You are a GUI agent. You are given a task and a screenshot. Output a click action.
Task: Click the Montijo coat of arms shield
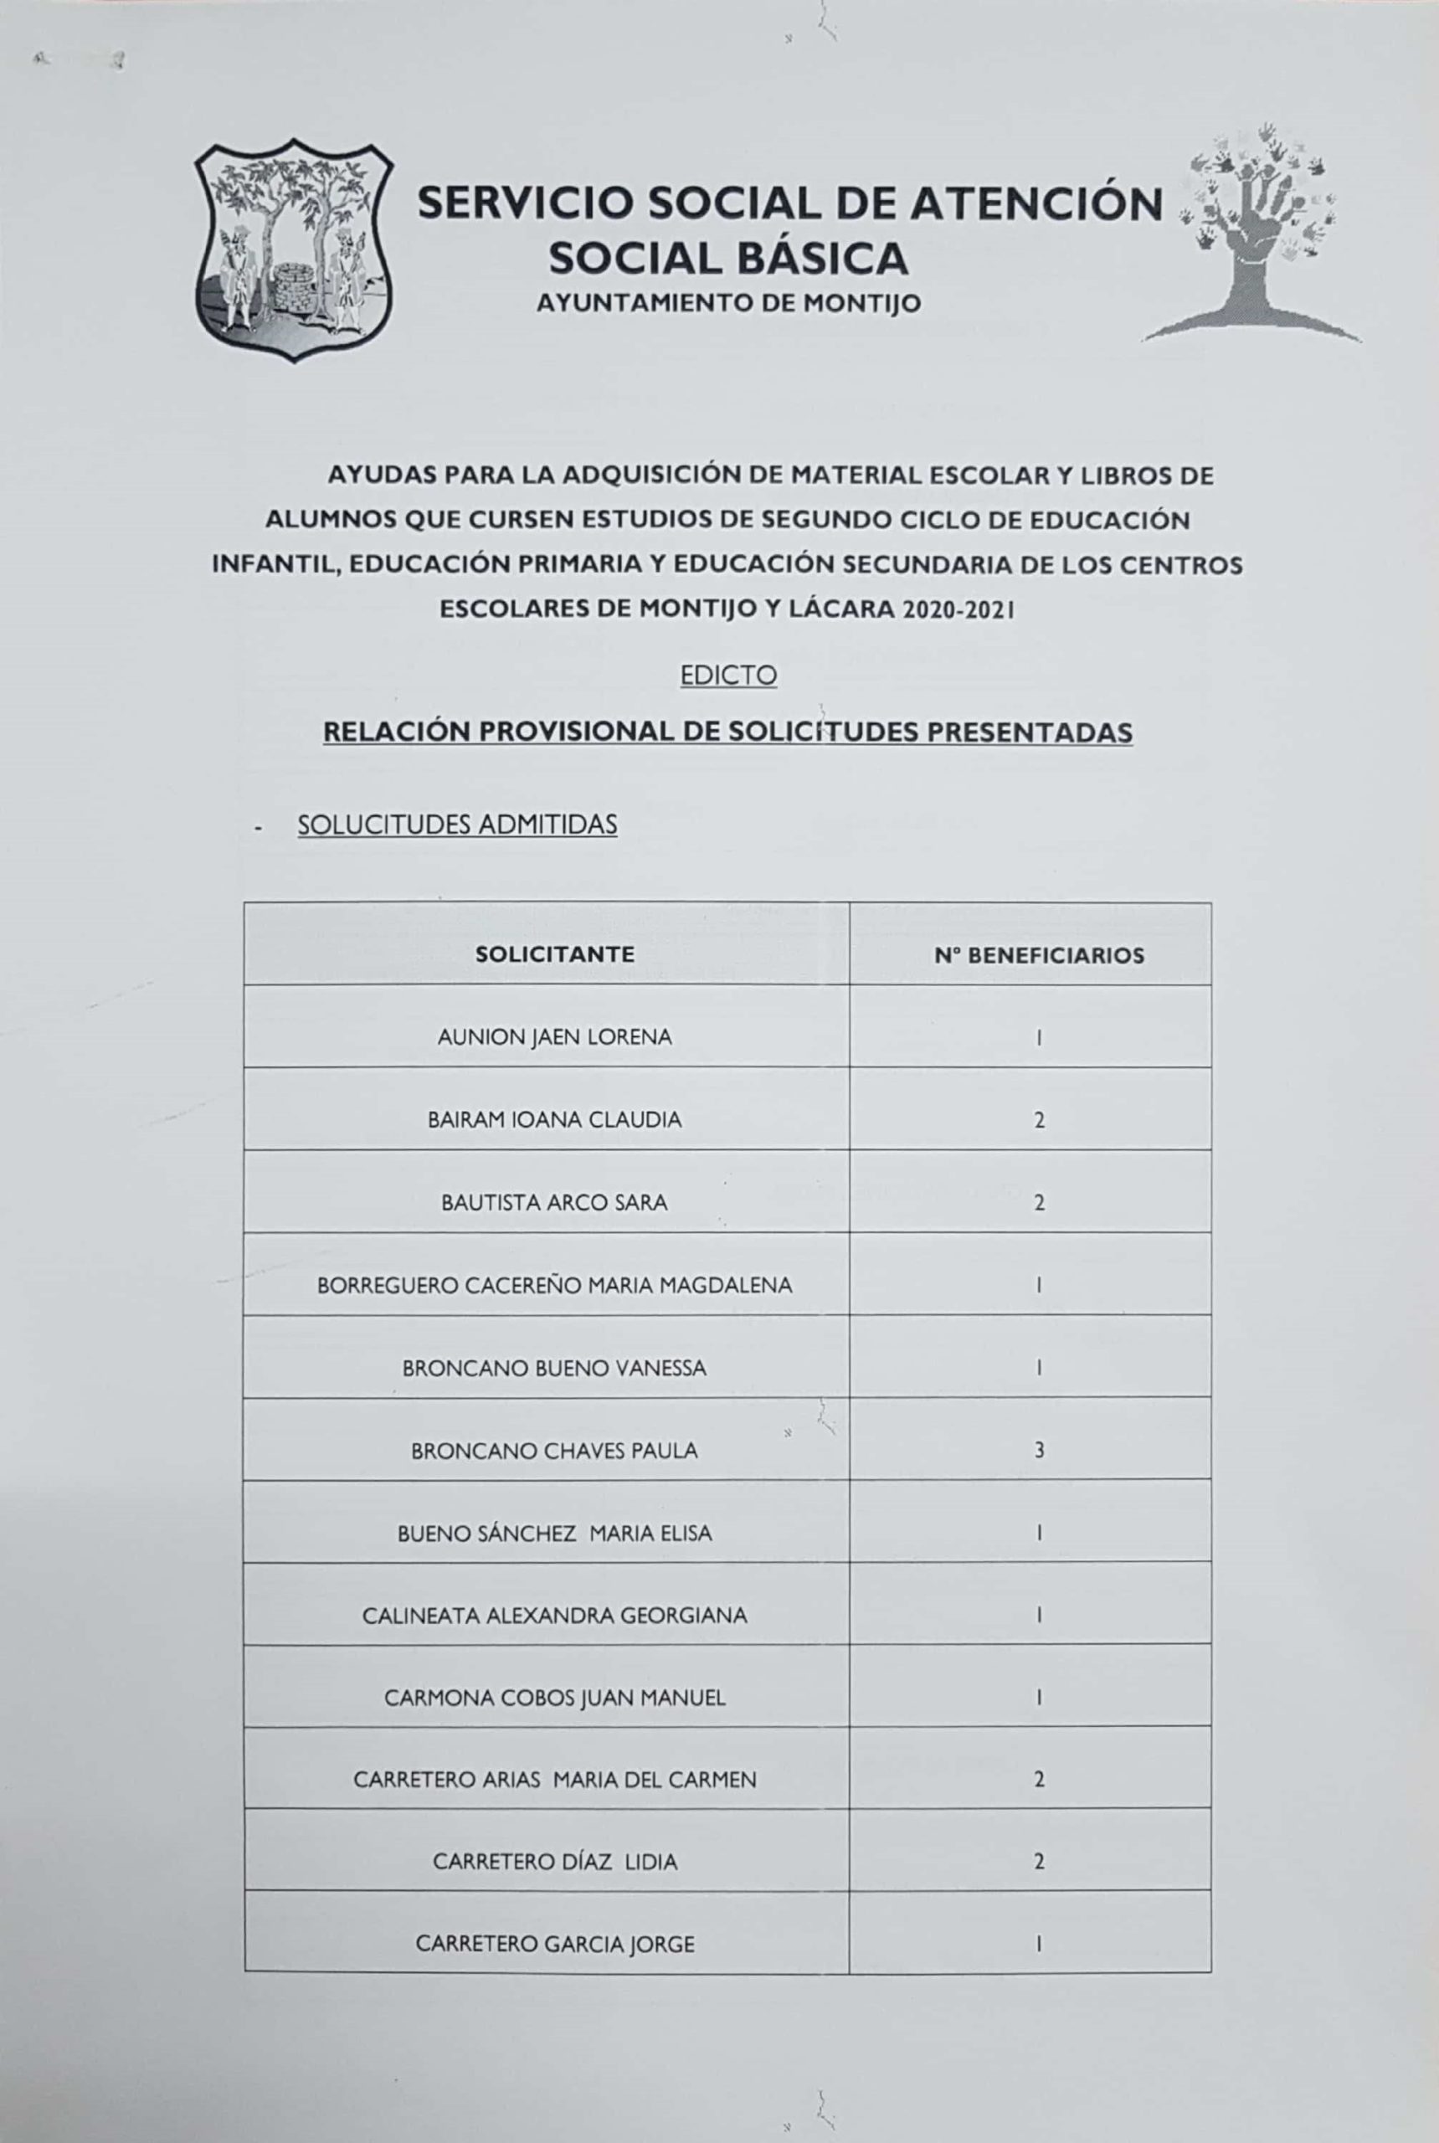coord(293,249)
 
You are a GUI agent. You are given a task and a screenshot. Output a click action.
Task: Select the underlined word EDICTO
coord(728,676)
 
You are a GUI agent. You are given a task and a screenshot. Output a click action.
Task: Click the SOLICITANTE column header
coord(554,954)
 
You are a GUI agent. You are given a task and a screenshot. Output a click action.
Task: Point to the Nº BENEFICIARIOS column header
coord(1039,955)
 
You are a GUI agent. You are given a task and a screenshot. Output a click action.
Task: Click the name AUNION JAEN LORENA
coord(554,1037)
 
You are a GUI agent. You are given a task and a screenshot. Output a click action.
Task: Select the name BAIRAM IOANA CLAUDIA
coord(554,1120)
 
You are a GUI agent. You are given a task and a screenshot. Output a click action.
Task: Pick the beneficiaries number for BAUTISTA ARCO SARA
coord(1039,1203)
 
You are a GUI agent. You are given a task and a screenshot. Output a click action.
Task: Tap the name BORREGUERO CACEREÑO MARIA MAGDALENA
coord(554,1285)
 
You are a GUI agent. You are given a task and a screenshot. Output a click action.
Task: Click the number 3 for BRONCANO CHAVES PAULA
coord(1039,1451)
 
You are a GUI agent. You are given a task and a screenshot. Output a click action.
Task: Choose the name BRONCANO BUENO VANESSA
coord(554,1369)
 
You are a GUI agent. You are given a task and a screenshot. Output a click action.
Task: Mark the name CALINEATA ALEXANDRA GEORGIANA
coord(554,1616)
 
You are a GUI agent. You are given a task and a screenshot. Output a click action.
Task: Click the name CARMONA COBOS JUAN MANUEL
coord(554,1698)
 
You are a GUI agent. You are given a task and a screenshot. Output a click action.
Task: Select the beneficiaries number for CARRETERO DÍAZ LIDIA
coord(1039,1863)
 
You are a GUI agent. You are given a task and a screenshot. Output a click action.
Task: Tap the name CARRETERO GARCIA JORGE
coord(554,1944)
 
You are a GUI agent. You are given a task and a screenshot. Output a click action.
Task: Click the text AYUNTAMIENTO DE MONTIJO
coord(727,304)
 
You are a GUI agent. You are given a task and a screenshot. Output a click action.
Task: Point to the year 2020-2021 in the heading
coord(959,609)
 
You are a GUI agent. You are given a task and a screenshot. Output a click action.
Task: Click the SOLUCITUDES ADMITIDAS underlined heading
coord(457,825)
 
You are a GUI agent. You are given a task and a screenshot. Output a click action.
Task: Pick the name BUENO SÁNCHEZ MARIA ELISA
coord(554,1534)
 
